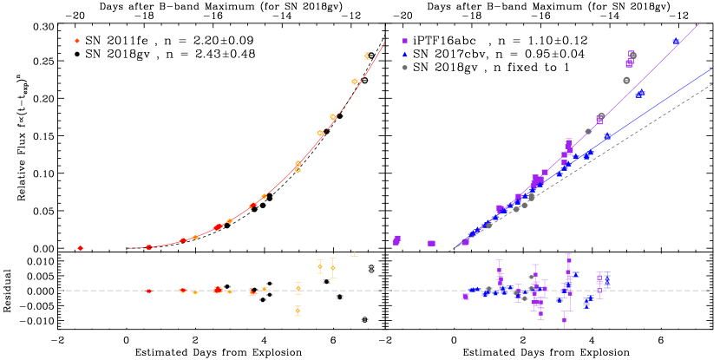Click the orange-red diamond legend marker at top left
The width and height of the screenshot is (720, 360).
point(77,41)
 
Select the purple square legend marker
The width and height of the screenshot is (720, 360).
point(404,41)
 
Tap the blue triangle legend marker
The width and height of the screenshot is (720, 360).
point(404,54)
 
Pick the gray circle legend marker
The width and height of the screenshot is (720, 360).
point(404,67)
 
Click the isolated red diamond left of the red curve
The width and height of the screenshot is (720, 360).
point(80,248)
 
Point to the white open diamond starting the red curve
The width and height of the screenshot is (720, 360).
point(126,248)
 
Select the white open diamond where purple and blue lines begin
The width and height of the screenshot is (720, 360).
point(454,248)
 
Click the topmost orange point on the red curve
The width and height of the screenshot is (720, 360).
point(367,56)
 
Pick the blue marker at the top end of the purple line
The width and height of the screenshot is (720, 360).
point(676,42)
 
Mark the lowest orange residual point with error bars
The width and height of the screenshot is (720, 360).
point(298,311)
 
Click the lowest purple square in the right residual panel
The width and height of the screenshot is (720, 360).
point(564,320)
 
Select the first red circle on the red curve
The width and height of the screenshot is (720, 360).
point(148,247)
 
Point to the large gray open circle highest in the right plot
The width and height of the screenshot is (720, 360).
point(632,56)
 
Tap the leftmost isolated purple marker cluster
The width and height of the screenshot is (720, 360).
point(396,240)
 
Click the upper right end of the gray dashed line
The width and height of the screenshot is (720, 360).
point(712,85)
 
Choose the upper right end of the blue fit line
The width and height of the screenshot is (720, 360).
point(712,69)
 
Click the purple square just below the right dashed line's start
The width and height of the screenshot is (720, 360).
point(465,297)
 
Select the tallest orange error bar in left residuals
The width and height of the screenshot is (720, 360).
point(332,268)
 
